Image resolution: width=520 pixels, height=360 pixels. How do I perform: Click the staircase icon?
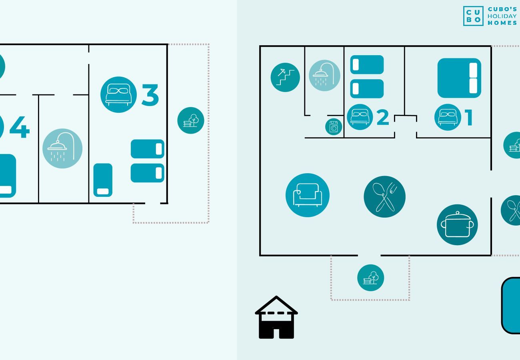[x=285, y=77]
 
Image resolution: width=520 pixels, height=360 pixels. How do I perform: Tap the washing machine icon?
[x=334, y=127]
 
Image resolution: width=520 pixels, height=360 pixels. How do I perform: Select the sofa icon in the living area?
[x=307, y=195]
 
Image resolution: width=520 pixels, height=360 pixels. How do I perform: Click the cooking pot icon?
[x=457, y=225]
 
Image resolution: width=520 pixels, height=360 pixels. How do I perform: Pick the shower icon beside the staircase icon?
[x=324, y=76]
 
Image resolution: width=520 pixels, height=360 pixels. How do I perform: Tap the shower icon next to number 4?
[x=62, y=148]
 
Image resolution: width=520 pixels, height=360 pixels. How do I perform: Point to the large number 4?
[x=20, y=127]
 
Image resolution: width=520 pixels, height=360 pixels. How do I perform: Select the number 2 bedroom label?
[x=382, y=117]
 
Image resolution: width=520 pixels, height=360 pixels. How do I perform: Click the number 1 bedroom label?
[x=468, y=118]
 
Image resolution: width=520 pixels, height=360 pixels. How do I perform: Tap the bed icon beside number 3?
[x=118, y=95]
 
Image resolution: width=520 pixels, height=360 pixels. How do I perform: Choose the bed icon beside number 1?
[x=448, y=117]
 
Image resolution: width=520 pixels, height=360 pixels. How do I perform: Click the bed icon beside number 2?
[x=360, y=117]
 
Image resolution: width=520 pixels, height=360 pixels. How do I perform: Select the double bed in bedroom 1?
[x=459, y=78]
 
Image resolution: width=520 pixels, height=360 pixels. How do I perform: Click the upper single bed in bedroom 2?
[x=367, y=65]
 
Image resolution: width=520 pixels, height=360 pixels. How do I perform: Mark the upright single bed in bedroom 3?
[x=103, y=180]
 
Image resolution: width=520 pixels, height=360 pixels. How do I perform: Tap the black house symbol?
[x=276, y=318]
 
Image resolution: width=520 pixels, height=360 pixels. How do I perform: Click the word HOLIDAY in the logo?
[x=502, y=16]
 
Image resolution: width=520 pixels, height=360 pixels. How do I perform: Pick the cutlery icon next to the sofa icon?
[x=384, y=197]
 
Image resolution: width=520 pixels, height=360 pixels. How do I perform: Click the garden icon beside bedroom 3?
[x=191, y=120]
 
